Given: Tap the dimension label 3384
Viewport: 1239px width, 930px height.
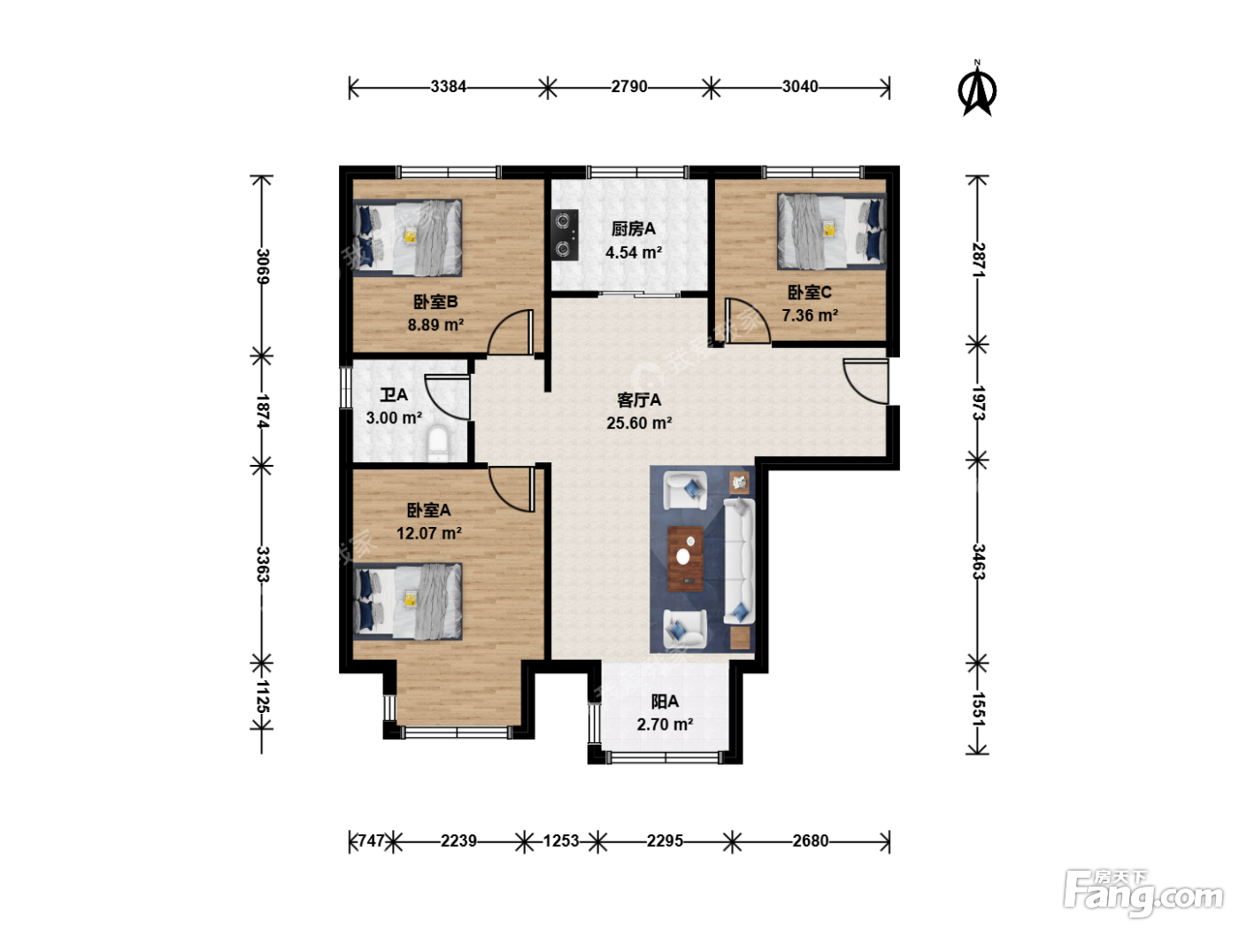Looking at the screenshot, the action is coord(448,87).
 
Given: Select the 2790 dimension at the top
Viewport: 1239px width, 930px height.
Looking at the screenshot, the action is coord(629,87).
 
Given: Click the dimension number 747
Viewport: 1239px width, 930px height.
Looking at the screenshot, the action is coord(372,841).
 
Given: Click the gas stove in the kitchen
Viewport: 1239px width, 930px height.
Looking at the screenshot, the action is coord(565,235).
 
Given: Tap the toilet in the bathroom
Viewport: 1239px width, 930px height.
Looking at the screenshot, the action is coord(437,444).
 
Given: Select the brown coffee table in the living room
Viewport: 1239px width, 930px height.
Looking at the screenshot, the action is coord(685,559).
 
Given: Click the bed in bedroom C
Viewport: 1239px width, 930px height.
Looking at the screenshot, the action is coord(831,232).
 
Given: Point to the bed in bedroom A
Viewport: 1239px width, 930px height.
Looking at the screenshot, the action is coord(408,601).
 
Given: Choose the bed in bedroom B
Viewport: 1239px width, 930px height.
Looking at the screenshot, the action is coord(408,237).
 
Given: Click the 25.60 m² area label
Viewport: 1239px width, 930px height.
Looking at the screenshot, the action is coord(639,423).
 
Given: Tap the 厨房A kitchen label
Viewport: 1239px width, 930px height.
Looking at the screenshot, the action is coord(634,229).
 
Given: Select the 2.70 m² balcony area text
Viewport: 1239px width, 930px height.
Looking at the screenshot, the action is coord(665,724).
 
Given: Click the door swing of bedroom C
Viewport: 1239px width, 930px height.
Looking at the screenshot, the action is coord(748,320).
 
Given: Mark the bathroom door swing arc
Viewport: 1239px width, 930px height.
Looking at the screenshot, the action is coord(447,397).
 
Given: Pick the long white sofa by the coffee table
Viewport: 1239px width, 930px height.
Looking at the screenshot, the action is coord(740,561).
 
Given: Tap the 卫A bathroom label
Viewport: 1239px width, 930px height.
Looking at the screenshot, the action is coord(394,395).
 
